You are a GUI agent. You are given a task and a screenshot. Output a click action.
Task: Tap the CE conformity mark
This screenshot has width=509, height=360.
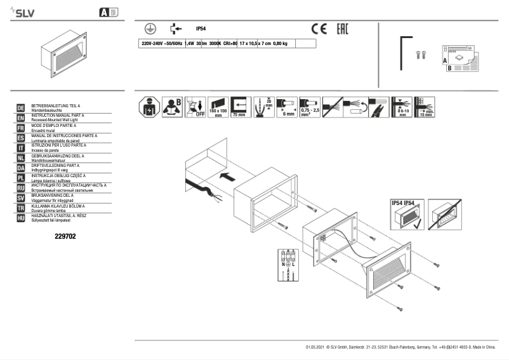pos(319,29)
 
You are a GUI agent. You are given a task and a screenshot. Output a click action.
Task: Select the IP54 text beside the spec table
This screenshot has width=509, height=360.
pos(201,29)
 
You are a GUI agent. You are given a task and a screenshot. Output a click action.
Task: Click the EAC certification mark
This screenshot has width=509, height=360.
pos(340,29)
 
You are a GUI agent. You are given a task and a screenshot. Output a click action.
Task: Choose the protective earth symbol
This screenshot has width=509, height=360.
pos(147,29)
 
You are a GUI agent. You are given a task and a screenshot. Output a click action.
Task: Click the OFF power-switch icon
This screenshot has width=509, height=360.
pos(196,107)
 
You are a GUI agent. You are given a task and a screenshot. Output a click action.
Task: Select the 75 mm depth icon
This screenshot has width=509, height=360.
pos(239,107)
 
